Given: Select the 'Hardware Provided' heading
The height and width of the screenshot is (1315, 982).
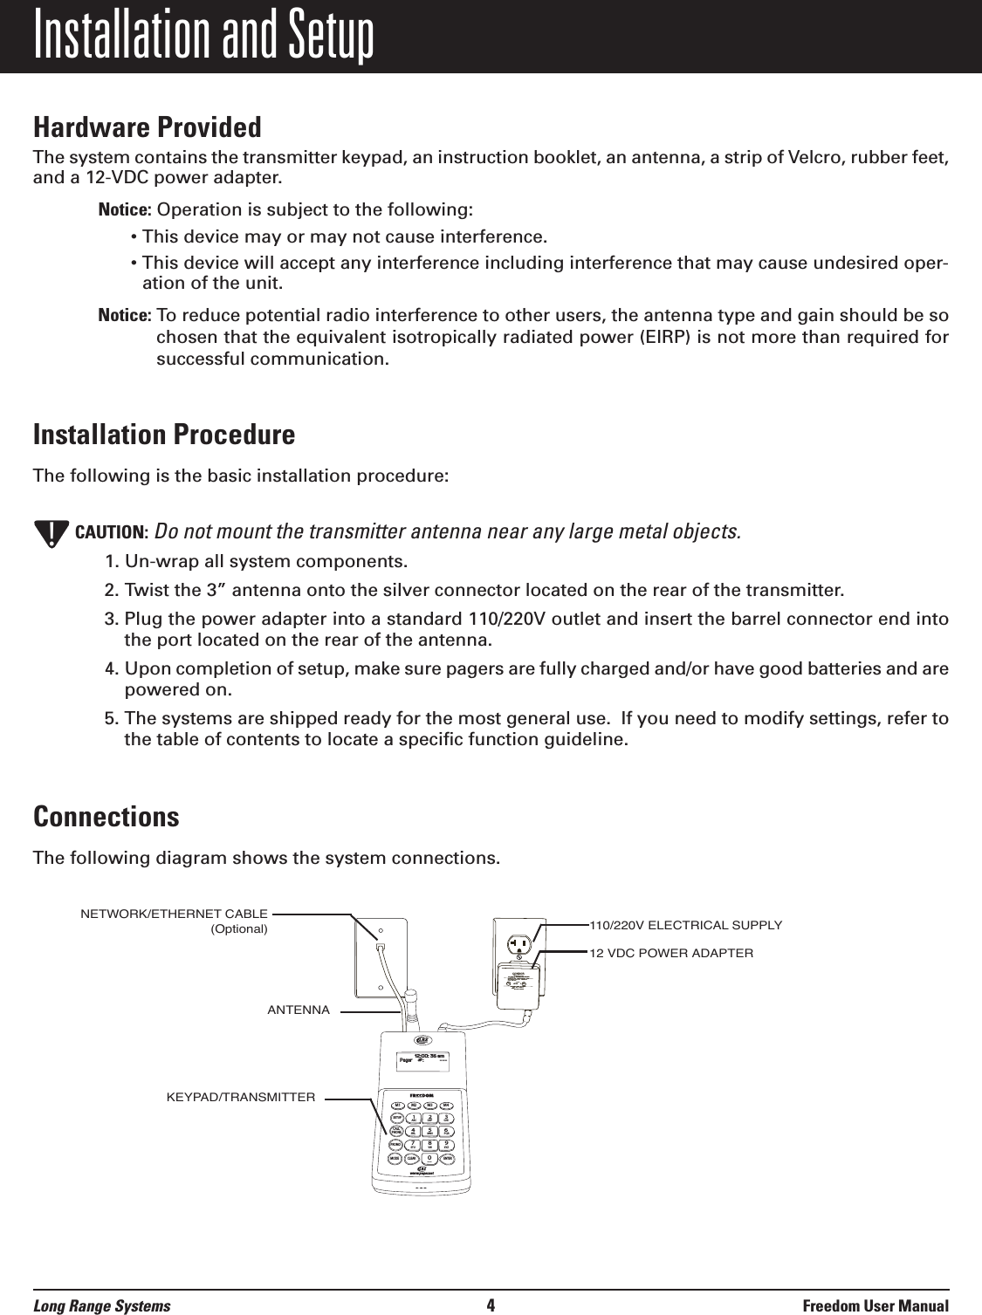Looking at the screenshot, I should pos(147,127).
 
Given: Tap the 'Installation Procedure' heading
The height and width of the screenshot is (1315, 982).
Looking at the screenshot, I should pos(163,434).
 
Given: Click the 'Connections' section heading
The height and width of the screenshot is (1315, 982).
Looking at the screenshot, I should pos(106,817).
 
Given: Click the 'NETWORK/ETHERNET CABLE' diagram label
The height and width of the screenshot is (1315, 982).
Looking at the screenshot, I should pos(174,914).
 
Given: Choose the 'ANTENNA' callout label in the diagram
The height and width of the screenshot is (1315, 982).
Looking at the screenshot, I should pos(299,1010).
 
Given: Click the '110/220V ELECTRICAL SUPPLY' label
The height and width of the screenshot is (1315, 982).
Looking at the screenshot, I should pos(687,925).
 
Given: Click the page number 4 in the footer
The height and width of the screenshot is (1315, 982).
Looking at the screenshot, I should pos(491,1305).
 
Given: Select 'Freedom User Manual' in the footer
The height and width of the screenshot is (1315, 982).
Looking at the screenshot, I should pos(876,1305).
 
